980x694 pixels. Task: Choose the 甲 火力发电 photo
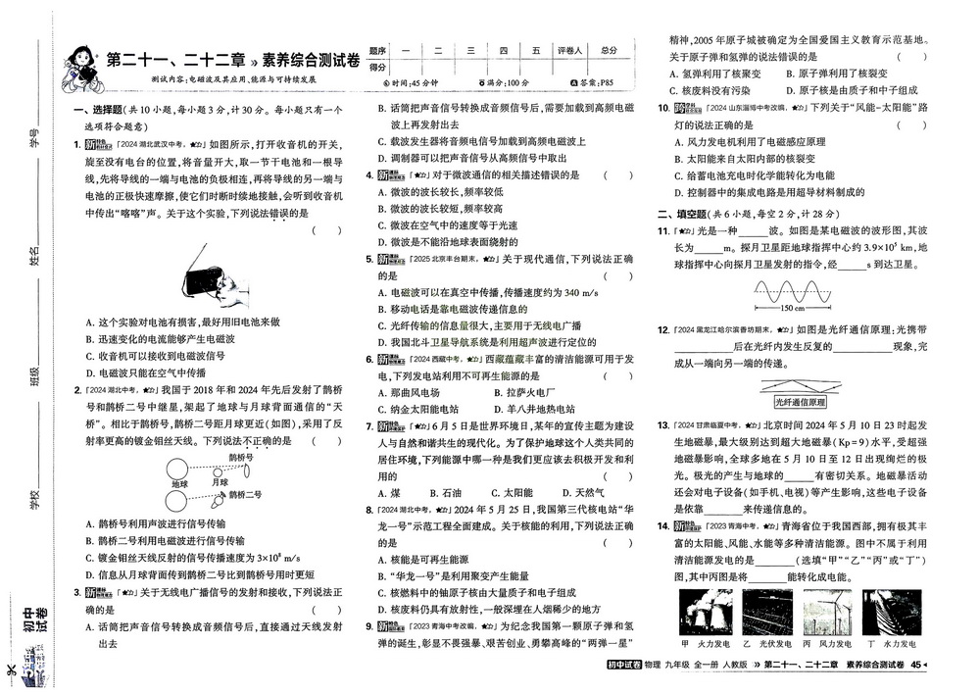[700, 614]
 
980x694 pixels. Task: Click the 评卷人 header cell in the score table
[569, 50]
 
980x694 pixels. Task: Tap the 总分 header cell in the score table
[611, 50]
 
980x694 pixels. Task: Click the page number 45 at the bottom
[915, 667]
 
